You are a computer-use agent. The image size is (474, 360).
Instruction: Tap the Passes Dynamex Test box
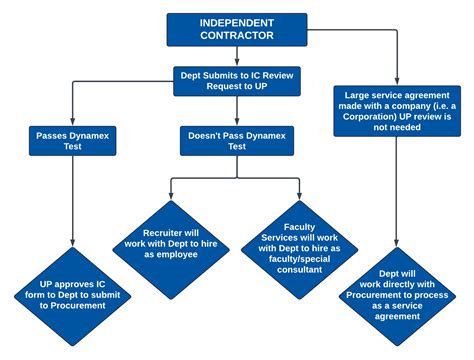tap(73, 139)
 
